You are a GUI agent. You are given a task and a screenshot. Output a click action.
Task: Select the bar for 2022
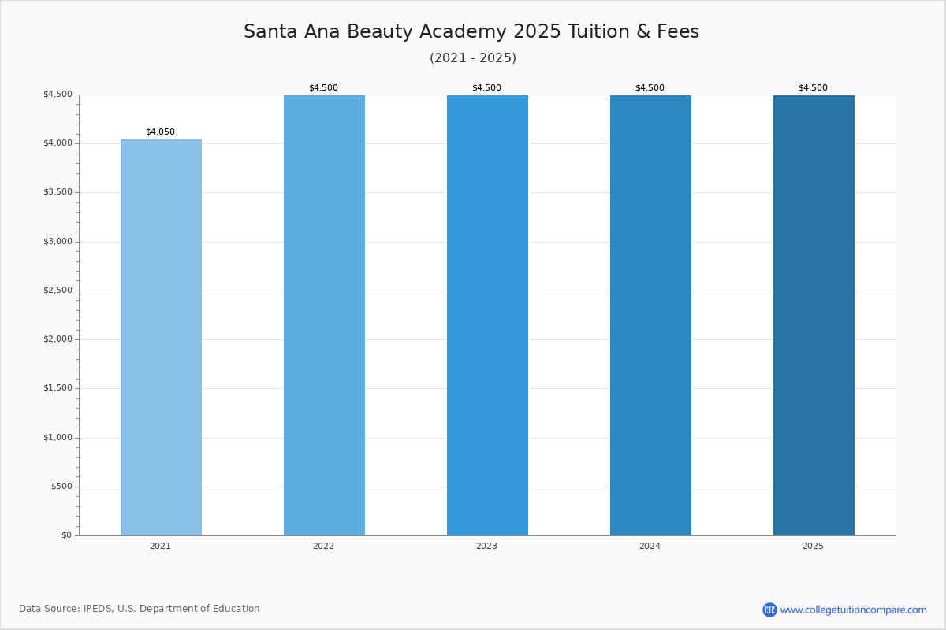[324, 315]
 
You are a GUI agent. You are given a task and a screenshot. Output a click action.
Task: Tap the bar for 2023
[487, 315]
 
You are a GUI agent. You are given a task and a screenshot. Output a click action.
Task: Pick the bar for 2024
[650, 315]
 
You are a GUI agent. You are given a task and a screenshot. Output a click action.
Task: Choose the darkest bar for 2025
[814, 315]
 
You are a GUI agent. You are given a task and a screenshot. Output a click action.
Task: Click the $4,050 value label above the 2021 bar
[160, 132]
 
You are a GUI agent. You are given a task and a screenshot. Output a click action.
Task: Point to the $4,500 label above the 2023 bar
[486, 88]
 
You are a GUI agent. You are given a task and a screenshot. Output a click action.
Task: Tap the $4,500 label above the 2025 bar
[813, 88]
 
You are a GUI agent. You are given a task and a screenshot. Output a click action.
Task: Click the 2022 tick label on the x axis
[323, 547]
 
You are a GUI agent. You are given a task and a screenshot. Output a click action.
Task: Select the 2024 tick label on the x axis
[650, 547]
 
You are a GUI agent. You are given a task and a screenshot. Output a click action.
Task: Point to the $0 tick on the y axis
[66, 535]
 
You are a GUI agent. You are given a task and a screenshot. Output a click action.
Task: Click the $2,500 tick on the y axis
[58, 291]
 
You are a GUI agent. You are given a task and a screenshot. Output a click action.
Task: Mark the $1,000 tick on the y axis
[58, 438]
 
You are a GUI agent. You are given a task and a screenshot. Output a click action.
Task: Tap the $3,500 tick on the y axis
[58, 192]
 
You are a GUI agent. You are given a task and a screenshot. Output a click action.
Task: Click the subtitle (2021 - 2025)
[473, 58]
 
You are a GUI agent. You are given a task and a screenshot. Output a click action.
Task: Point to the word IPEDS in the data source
[98, 609]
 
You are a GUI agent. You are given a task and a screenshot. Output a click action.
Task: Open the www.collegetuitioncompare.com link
[853, 610]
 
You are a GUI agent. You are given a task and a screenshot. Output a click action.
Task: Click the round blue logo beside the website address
[769, 610]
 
